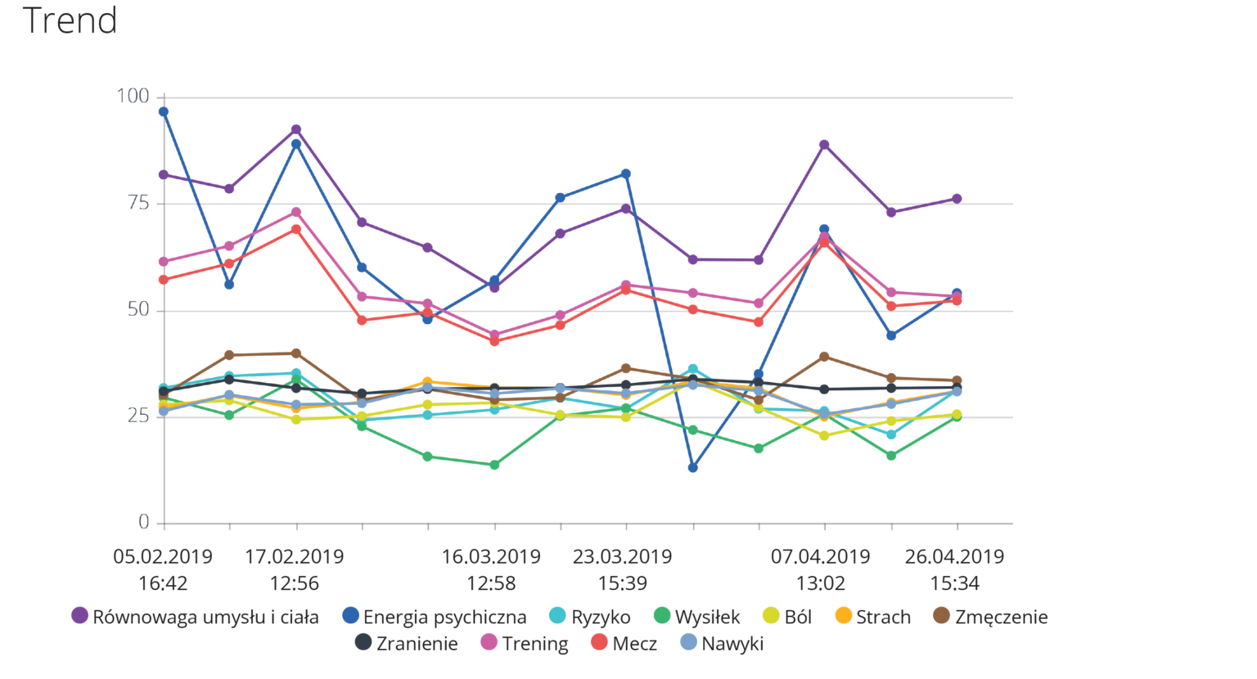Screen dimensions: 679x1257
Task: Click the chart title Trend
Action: [x=70, y=20]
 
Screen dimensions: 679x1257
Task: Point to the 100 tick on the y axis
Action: [x=133, y=97]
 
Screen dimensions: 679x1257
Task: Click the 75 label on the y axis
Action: [x=138, y=203]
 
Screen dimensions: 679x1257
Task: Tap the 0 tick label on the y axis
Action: [x=144, y=522]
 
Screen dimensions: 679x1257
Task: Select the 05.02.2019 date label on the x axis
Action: [x=163, y=557]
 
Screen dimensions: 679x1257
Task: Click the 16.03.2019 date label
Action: [x=491, y=557]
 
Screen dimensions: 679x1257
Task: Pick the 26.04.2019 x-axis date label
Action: [x=954, y=557]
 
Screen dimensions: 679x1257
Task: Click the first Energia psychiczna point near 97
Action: [x=164, y=112]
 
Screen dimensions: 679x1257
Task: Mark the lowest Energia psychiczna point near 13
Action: [x=693, y=468]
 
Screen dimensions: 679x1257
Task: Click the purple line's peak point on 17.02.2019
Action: [x=296, y=130]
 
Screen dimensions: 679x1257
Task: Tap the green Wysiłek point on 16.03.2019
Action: [x=494, y=465]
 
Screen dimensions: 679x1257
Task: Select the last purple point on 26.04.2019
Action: [x=957, y=199]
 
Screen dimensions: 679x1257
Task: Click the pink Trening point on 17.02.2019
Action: [x=296, y=213]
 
